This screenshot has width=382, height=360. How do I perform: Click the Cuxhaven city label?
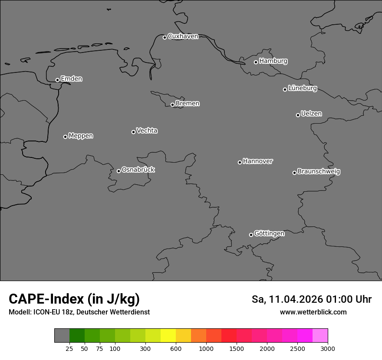coord(183,36)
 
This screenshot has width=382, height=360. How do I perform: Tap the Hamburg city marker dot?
coord(256,62)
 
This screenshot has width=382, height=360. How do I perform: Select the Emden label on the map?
coord(71,79)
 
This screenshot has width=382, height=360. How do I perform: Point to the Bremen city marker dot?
coord(172,105)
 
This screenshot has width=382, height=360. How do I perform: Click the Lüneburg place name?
coord(302,88)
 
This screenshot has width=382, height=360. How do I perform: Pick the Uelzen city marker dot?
coord(298,115)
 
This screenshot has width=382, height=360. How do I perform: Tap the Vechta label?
coord(147,131)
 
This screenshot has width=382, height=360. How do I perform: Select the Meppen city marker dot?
coord(65,137)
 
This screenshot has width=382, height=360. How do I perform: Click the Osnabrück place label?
coord(138,170)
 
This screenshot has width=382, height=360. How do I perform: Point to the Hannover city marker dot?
coord(240,162)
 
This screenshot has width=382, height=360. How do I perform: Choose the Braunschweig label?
coord(319,172)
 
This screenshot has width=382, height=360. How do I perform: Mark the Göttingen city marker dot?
coord(251,235)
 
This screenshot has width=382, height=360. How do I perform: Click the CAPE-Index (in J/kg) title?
coord(74,299)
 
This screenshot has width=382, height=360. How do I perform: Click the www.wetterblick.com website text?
coord(313,312)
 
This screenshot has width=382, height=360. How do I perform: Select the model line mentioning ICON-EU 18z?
coord(79,312)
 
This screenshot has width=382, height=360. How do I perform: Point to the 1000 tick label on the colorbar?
coord(206,348)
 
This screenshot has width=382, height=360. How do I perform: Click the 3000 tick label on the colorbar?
coord(328,348)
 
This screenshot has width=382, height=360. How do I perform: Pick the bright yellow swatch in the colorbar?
coord(168,335)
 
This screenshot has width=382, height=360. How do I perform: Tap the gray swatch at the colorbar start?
coord(62,335)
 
